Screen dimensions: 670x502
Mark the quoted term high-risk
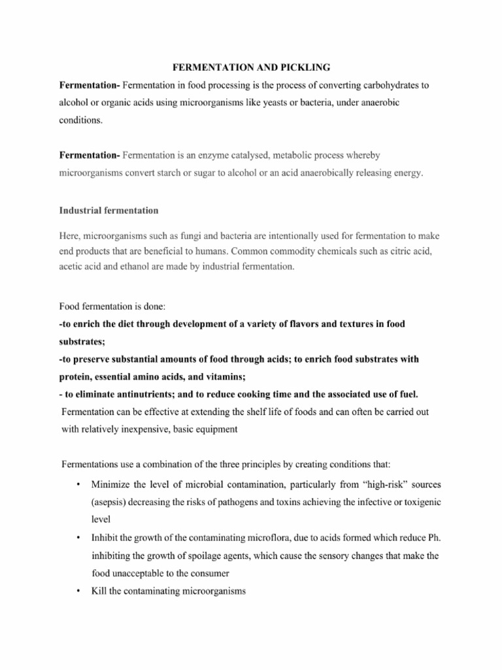coord(366,485)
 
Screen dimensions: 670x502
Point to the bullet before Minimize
coord(78,485)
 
